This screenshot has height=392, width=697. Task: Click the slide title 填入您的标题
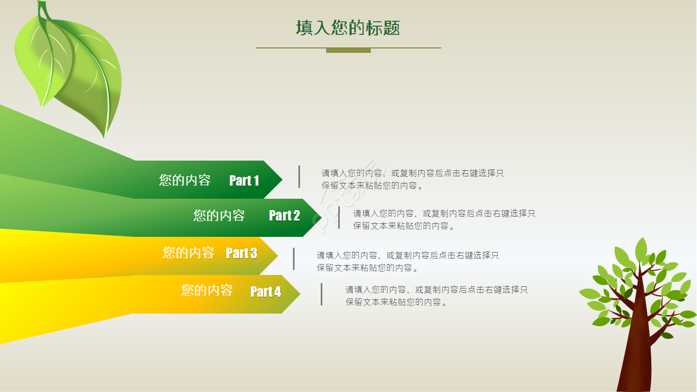[x=348, y=28]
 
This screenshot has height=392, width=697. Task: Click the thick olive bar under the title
[x=348, y=51]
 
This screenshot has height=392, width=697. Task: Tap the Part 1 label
[x=244, y=180]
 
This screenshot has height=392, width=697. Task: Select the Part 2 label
[x=284, y=216]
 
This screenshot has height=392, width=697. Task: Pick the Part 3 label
[x=241, y=253]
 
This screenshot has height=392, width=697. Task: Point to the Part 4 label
[x=266, y=292]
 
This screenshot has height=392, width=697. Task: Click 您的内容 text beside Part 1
[x=185, y=180]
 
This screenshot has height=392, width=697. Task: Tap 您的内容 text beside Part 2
[x=219, y=216]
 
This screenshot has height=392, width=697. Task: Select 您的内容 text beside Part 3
[x=188, y=253]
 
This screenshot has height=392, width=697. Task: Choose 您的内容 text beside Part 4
[x=207, y=290]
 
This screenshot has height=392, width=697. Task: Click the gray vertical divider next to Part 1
[x=299, y=177]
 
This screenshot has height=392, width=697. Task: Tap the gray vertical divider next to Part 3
[x=294, y=259]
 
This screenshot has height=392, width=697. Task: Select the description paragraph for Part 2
[x=444, y=219]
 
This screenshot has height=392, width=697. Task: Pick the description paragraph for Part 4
[x=436, y=296]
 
